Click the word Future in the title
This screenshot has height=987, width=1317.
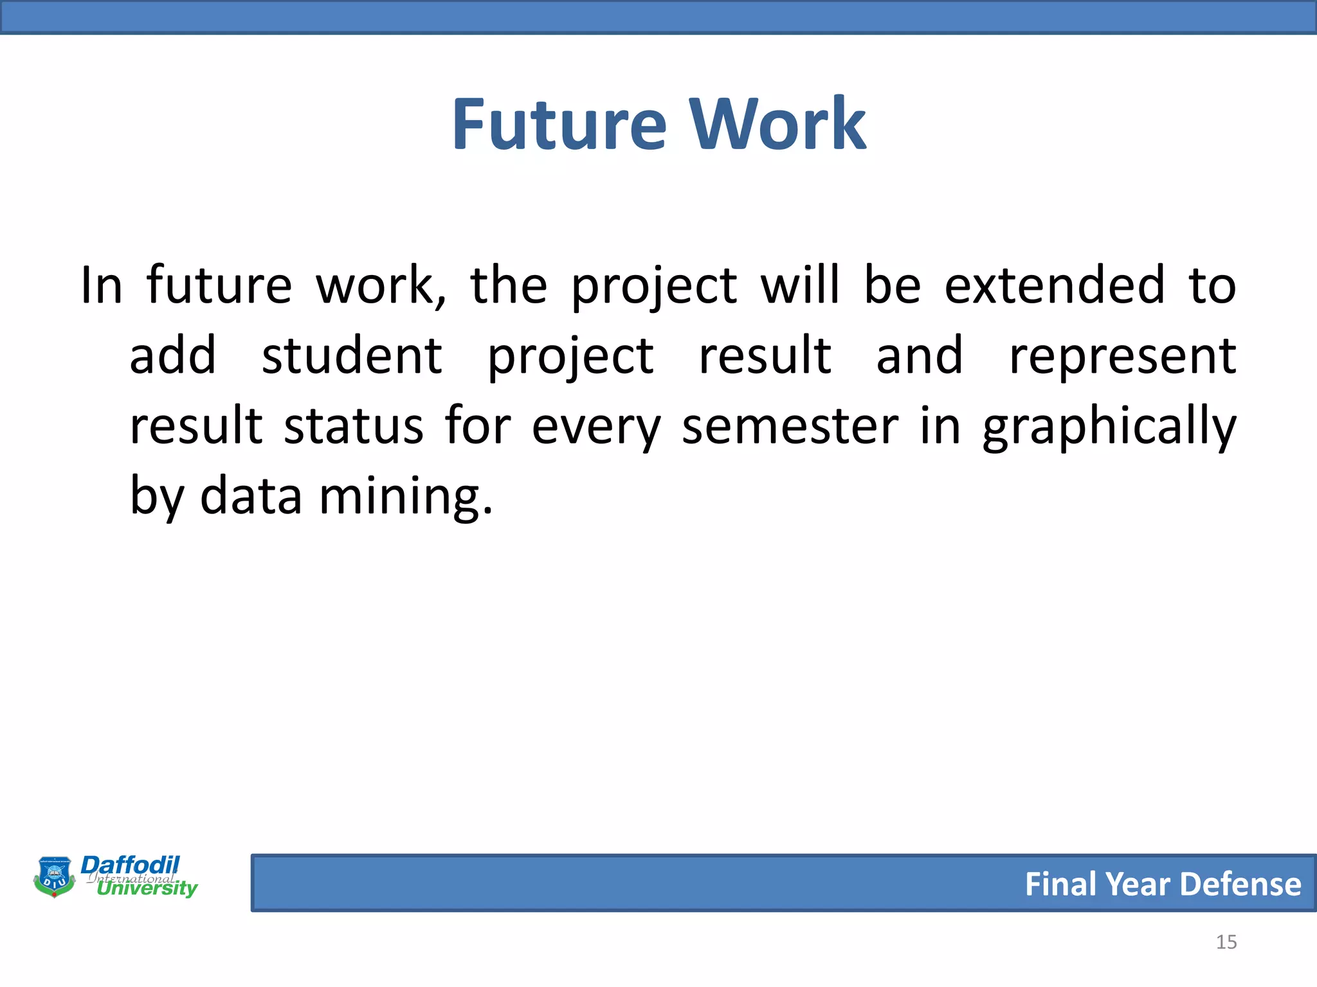[x=559, y=125]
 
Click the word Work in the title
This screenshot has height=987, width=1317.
[x=778, y=125]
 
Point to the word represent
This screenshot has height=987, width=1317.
[x=1122, y=357]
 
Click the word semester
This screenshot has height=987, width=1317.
[x=790, y=427]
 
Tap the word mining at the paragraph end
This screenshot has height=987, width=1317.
[x=405, y=497]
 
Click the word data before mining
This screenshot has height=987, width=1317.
[x=251, y=496]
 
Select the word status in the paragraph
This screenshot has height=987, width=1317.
[x=354, y=427]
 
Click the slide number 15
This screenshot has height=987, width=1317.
[x=1226, y=942]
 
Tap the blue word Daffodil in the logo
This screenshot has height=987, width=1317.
[x=131, y=865]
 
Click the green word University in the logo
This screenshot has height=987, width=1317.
[x=147, y=888]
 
